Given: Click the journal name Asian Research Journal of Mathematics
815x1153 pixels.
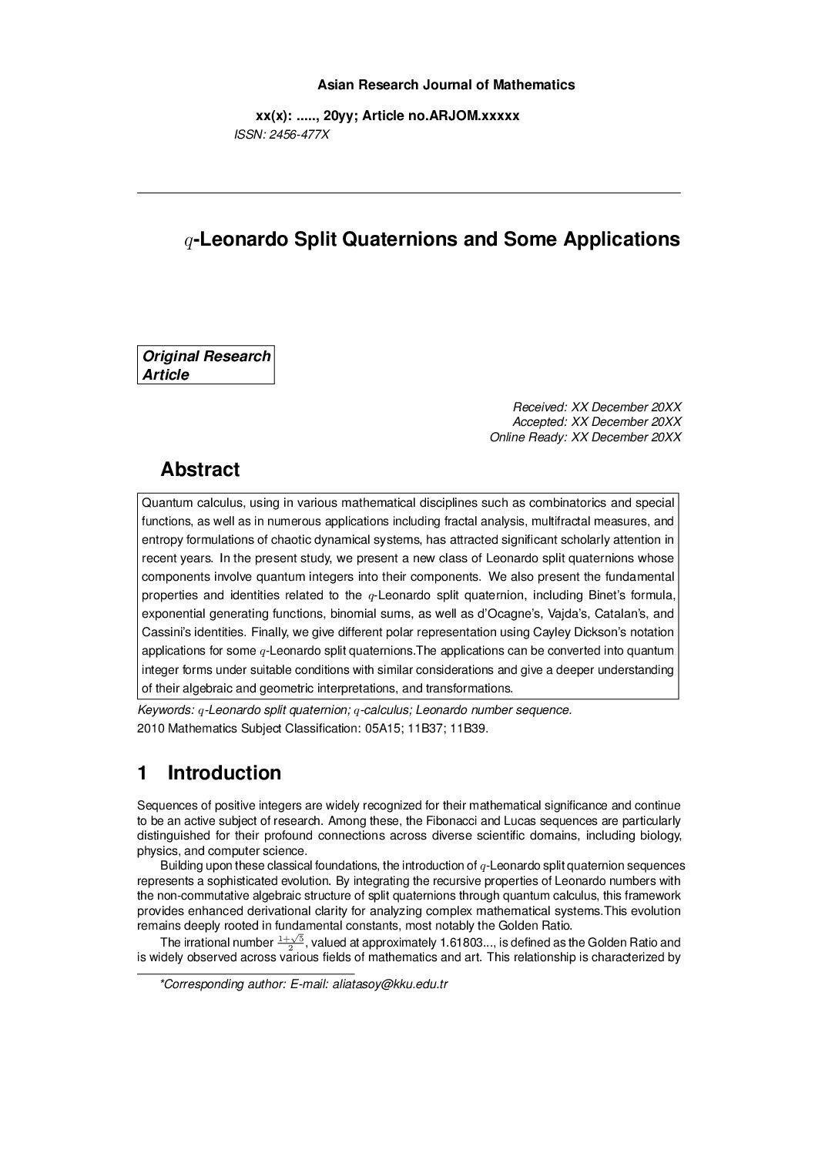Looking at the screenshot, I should (446, 85).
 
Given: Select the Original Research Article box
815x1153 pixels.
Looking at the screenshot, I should (206, 365).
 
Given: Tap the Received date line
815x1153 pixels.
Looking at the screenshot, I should (597, 407).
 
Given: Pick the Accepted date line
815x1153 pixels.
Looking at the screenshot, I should (596, 421).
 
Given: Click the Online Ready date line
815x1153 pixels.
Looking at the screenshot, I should (585, 437).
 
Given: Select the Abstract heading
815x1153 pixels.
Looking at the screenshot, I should (200, 469).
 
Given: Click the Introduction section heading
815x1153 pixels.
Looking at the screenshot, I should (223, 773).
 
